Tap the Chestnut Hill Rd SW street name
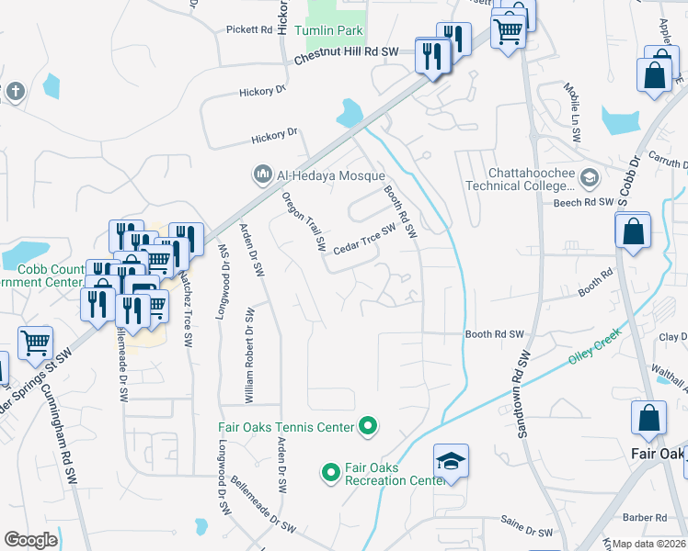pos(346,56)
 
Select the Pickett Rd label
pos(249,29)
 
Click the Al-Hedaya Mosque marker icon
pos(262,173)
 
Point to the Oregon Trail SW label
pos(304,221)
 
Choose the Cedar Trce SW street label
pos(363,242)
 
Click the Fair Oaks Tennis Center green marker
pos(369,426)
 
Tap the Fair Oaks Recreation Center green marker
pos(331,473)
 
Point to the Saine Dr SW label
pos(526,531)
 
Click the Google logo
pos(30,540)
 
